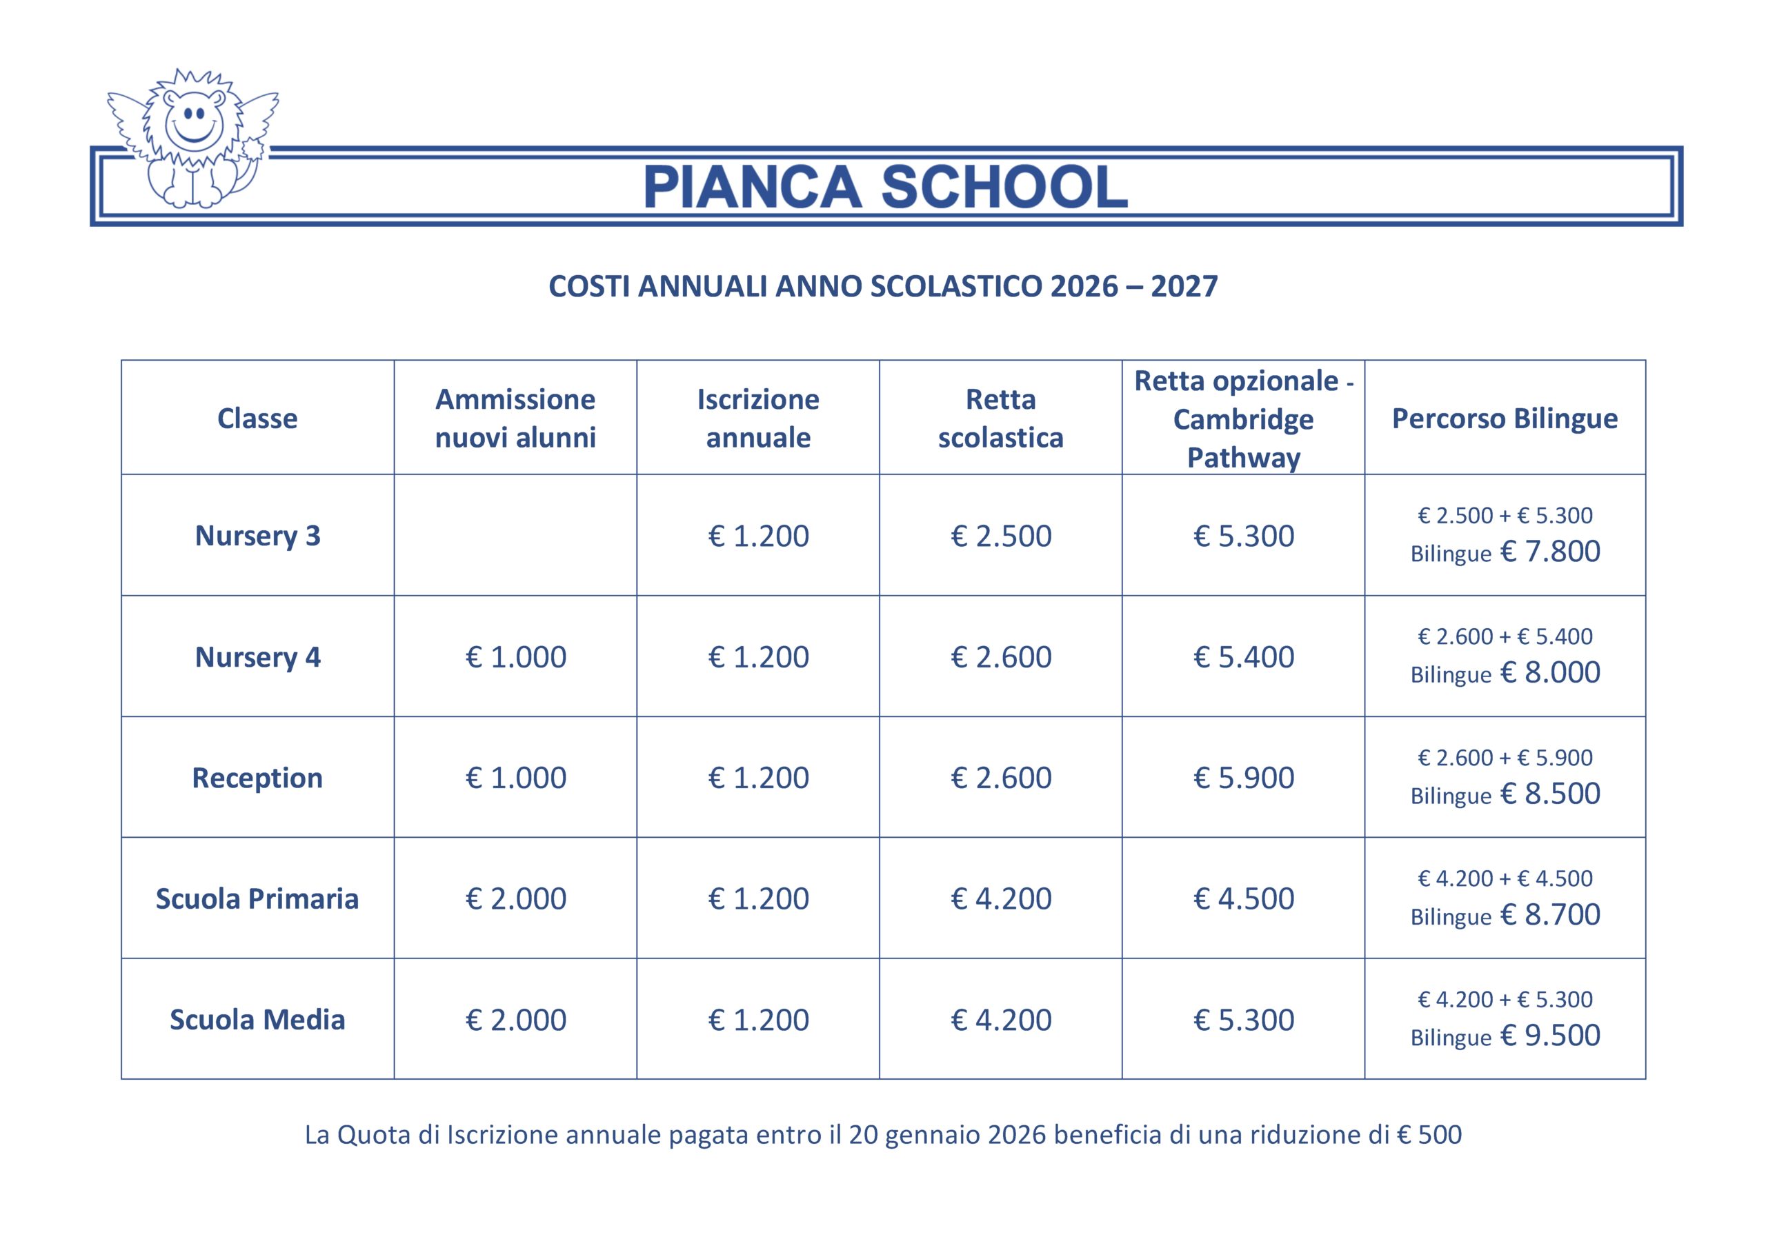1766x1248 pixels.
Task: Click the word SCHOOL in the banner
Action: click(1004, 187)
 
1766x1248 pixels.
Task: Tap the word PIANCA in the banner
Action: click(751, 187)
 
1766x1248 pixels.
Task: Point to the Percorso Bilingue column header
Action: click(1505, 419)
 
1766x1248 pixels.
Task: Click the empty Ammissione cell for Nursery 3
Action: click(515, 535)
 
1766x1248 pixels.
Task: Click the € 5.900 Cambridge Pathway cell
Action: click(1243, 777)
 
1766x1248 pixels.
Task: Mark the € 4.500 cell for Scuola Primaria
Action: click(1243, 898)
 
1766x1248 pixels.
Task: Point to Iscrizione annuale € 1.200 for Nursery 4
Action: click(757, 656)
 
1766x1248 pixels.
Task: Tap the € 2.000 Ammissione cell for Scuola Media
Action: click(515, 1020)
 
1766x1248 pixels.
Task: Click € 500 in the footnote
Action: click(1429, 1135)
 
